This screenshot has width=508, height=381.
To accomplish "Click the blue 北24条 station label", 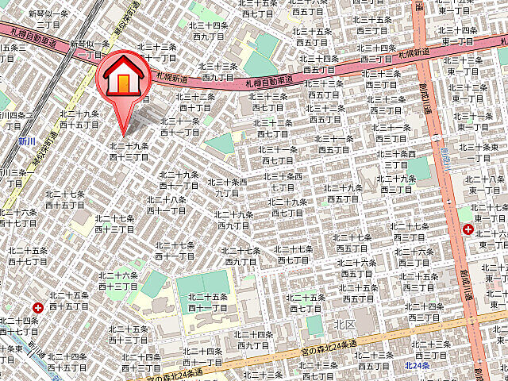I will (x=417, y=365).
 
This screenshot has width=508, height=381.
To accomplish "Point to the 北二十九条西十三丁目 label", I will (x=129, y=152).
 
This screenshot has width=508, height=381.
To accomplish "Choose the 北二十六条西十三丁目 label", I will (x=118, y=280).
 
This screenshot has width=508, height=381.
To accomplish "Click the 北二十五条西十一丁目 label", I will (x=208, y=302).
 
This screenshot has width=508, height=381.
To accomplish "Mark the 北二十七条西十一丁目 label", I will (x=175, y=251).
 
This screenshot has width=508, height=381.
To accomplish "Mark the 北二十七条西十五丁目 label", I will (x=66, y=199).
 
